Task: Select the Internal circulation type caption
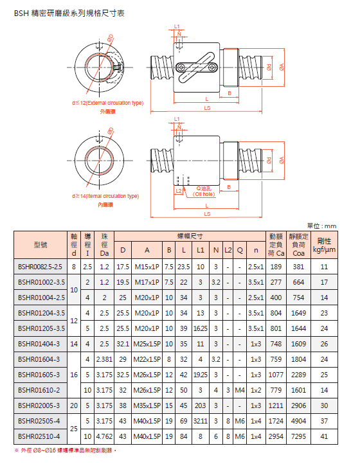pos(105,196)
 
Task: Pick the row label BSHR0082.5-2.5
pos(40,266)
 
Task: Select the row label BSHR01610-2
pos(40,389)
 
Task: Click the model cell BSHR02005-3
pos(40,405)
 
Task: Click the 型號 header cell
pos(40,245)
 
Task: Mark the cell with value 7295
pos(299,436)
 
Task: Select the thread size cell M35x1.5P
pos(147,405)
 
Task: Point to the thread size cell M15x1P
pos(147,266)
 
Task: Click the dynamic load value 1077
pos(276,374)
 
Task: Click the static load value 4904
pos(299,421)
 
